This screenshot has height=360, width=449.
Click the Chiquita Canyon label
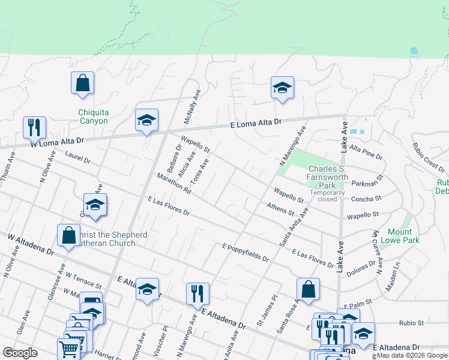tap(93, 116)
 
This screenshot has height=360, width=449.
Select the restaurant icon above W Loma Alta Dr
tap(34, 127)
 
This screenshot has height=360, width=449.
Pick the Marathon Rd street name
tap(173, 183)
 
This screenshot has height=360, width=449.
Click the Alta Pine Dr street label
tap(366, 152)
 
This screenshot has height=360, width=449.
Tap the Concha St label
tap(369, 199)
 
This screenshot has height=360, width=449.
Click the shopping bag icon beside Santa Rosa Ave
tap(307, 289)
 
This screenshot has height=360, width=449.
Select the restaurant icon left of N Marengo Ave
tap(197, 294)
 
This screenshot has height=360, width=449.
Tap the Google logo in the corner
tap(20, 353)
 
